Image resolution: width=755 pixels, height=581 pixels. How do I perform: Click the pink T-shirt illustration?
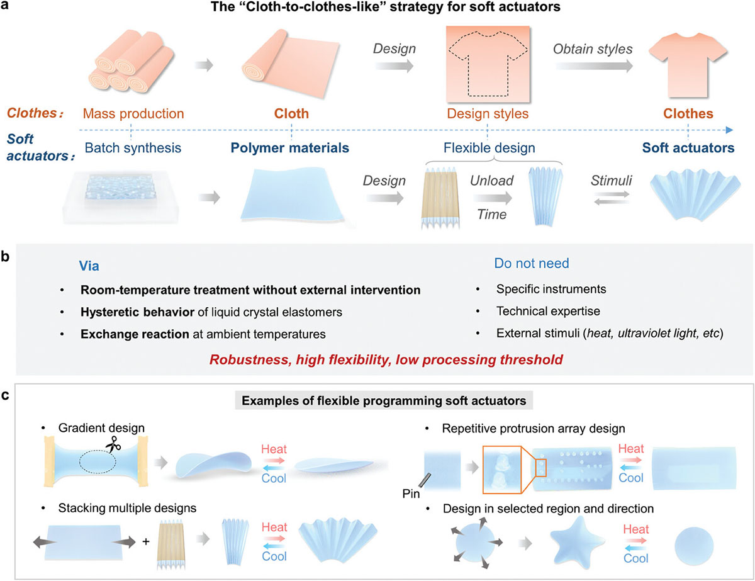[x=688, y=64]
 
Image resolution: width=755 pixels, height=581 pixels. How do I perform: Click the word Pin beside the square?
[x=411, y=494]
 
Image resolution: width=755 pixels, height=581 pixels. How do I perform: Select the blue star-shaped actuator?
[x=577, y=543]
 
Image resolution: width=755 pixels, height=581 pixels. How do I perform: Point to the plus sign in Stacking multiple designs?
[x=146, y=541]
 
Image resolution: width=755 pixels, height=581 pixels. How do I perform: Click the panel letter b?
[x=5, y=256]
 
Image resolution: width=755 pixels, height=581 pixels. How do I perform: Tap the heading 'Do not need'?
[x=532, y=263]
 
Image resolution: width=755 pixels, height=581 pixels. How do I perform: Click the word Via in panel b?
[x=89, y=266]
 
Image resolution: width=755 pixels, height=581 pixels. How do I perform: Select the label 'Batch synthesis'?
[x=133, y=148]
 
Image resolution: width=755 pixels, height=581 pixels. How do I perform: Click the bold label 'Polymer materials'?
[x=290, y=148]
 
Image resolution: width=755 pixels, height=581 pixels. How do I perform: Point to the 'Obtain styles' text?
[x=593, y=49]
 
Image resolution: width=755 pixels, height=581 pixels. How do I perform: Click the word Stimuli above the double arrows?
[x=612, y=181]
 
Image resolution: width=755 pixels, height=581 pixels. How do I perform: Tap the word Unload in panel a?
[x=491, y=181]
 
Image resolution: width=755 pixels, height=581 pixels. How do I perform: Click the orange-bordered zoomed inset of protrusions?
[x=502, y=470]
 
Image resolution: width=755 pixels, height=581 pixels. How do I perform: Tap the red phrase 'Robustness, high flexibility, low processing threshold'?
[x=386, y=359]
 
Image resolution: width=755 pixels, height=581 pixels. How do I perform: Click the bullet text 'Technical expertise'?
[x=548, y=311]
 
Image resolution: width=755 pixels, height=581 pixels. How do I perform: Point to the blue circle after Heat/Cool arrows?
[x=694, y=546]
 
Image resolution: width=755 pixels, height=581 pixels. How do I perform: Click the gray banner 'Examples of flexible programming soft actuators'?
[x=384, y=400]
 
